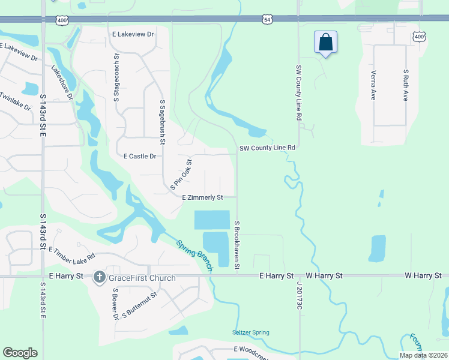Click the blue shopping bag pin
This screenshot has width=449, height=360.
[325, 43]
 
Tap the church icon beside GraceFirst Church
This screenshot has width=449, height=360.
[100, 278]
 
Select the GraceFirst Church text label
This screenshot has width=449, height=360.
[142, 278]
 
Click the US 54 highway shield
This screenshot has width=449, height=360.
[267, 20]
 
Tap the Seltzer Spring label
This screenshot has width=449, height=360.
[251, 332]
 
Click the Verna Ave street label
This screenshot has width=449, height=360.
[373, 85]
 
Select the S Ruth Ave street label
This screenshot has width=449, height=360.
[406, 85]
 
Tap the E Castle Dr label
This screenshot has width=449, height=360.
[140, 156]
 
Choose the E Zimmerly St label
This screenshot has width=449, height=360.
[203, 197]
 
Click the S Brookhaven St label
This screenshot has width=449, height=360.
[238, 247]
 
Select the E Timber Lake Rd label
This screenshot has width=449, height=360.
[72, 255]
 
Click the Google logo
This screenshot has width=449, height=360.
[20, 353]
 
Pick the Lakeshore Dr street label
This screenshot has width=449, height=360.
[62, 83]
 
